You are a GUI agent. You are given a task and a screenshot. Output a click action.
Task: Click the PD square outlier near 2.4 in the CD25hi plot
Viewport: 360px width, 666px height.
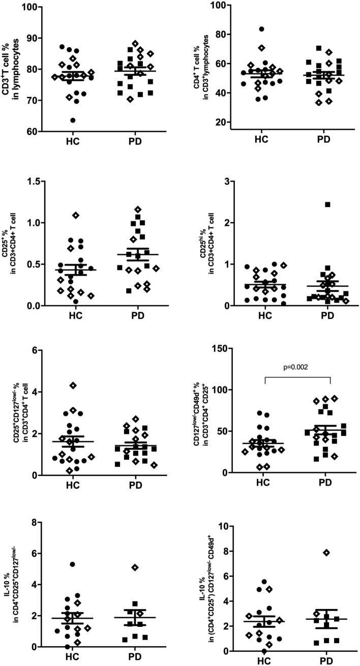(x=328, y=204)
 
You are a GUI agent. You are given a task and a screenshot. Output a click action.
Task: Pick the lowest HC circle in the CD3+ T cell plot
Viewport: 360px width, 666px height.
(x=73, y=120)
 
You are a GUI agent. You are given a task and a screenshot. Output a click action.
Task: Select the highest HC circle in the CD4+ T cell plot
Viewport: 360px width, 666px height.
(x=261, y=29)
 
